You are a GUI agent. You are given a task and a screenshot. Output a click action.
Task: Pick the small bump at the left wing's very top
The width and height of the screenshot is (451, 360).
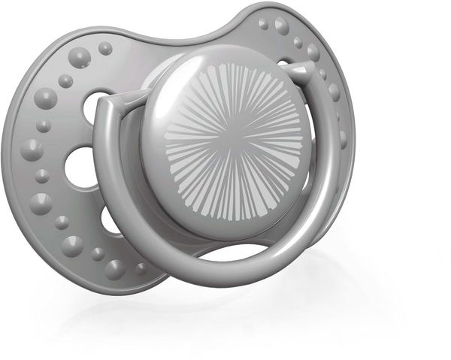coord(105,49)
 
